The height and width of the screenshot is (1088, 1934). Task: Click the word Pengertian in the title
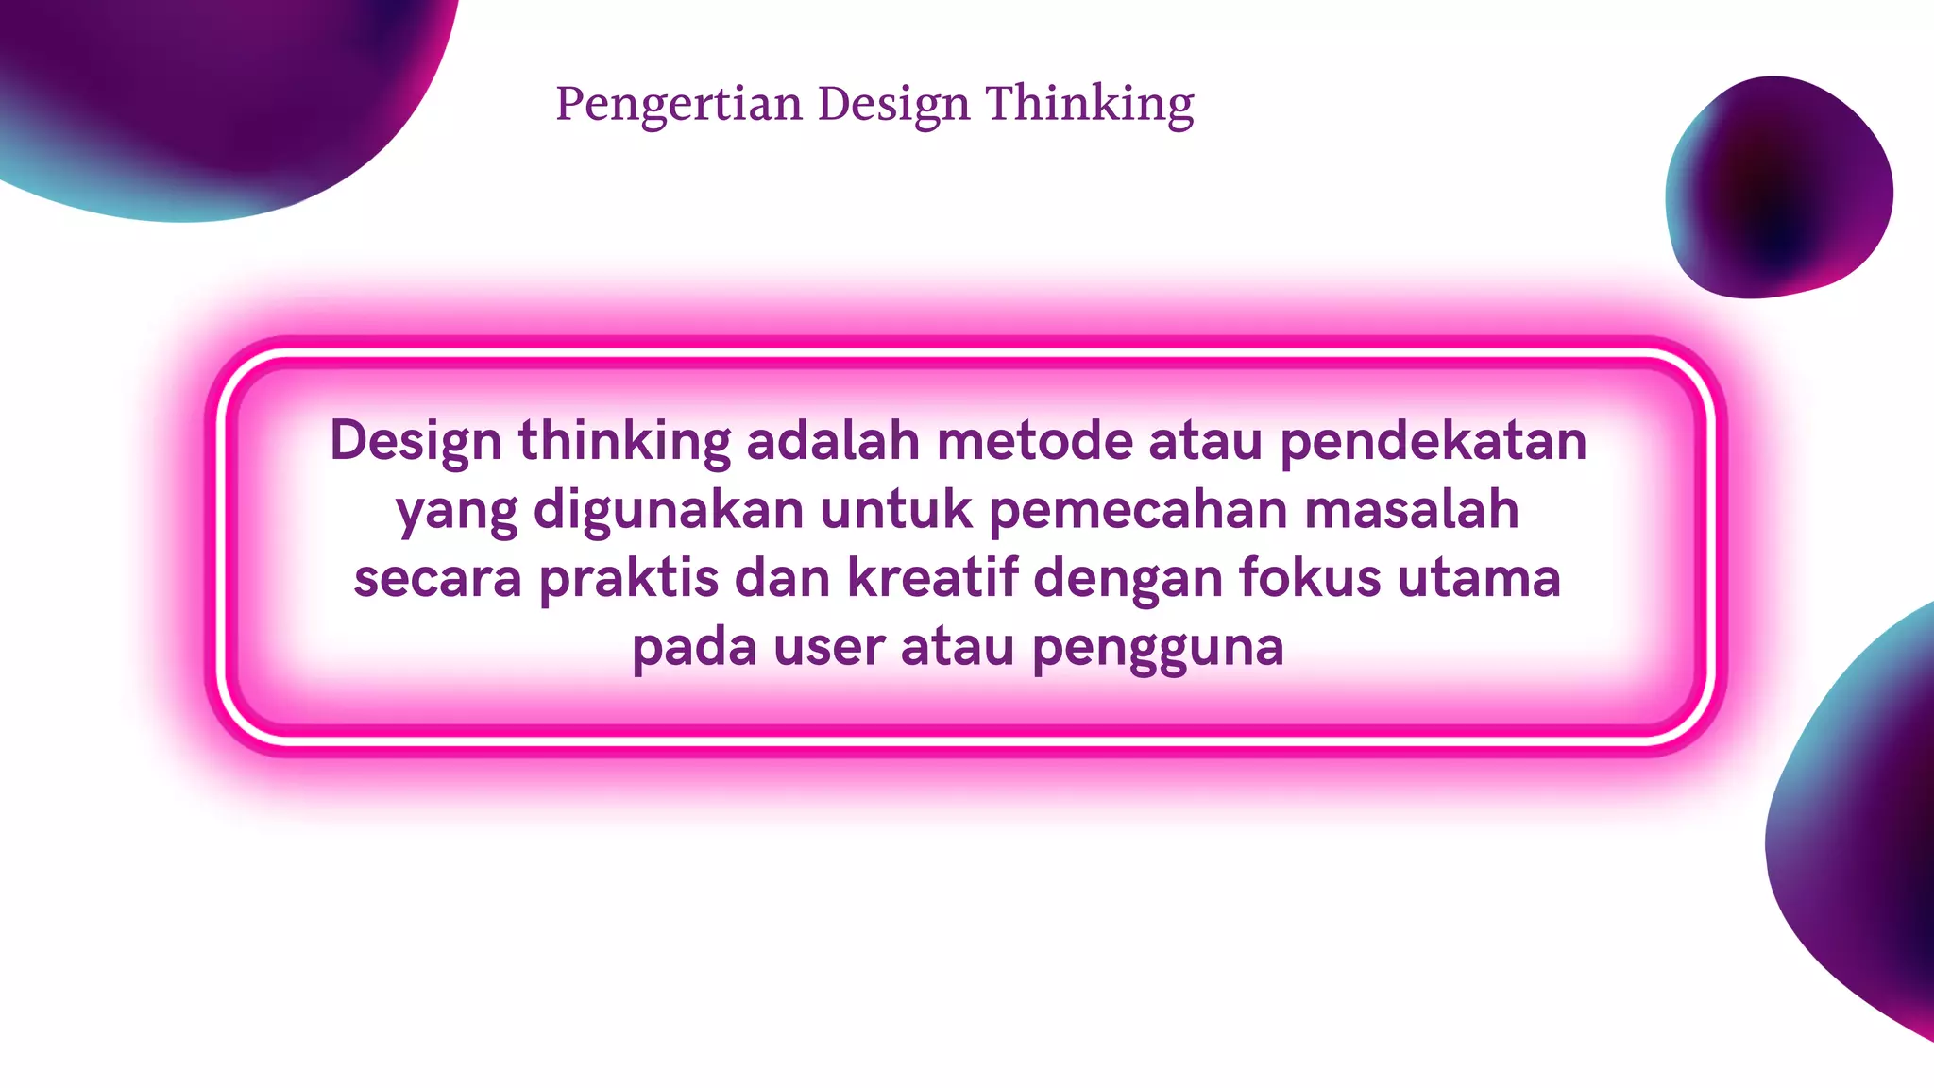(678, 104)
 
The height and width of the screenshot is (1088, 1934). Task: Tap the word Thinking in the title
(1090, 104)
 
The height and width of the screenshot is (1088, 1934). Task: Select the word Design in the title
(893, 104)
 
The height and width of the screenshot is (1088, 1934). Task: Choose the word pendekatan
(1433, 440)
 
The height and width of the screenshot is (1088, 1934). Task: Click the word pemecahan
(1138, 510)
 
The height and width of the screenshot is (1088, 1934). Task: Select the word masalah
(1412, 510)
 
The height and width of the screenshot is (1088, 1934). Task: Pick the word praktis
(628, 578)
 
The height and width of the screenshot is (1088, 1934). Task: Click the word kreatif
(933, 578)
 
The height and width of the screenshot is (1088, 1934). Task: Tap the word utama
(1479, 578)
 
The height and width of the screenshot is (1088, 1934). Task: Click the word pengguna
(1157, 648)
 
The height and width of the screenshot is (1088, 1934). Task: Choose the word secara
(437, 578)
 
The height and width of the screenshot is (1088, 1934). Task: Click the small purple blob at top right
(1779, 187)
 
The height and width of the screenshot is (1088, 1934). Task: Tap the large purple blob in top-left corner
(217, 94)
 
